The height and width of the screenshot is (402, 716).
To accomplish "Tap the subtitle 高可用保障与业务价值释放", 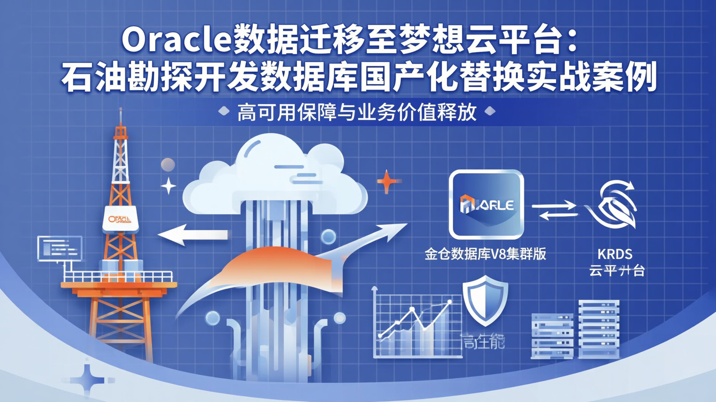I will point(357,113).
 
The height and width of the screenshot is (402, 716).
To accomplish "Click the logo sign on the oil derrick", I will point(120,219).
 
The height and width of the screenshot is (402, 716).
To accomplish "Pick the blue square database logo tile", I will point(486,204).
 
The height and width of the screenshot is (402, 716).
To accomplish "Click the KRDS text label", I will point(615,254).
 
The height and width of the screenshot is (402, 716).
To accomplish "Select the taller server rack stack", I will point(599,329).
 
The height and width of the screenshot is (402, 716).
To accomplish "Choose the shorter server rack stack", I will point(552,335).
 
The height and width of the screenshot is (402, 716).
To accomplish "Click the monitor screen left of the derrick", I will point(60,247).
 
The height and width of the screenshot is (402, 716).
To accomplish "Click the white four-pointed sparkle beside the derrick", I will point(168,186).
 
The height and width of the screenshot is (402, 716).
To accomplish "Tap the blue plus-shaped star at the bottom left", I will point(88,380).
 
